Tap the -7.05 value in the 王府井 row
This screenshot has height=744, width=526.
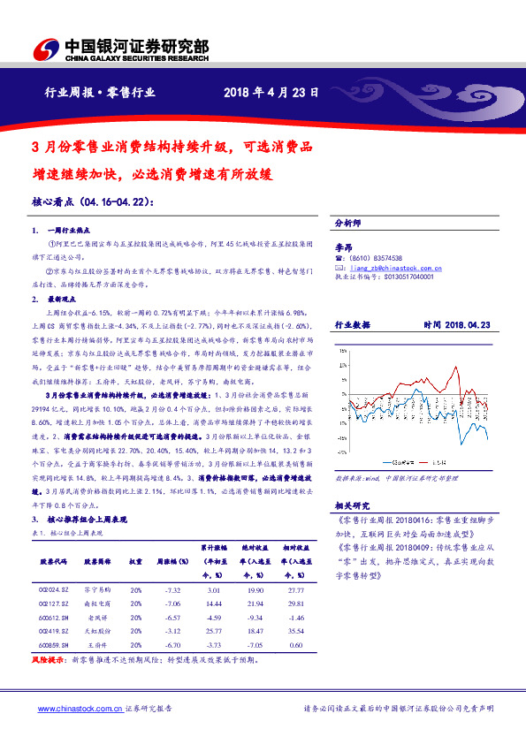256,647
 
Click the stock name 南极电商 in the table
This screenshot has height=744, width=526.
95,604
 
